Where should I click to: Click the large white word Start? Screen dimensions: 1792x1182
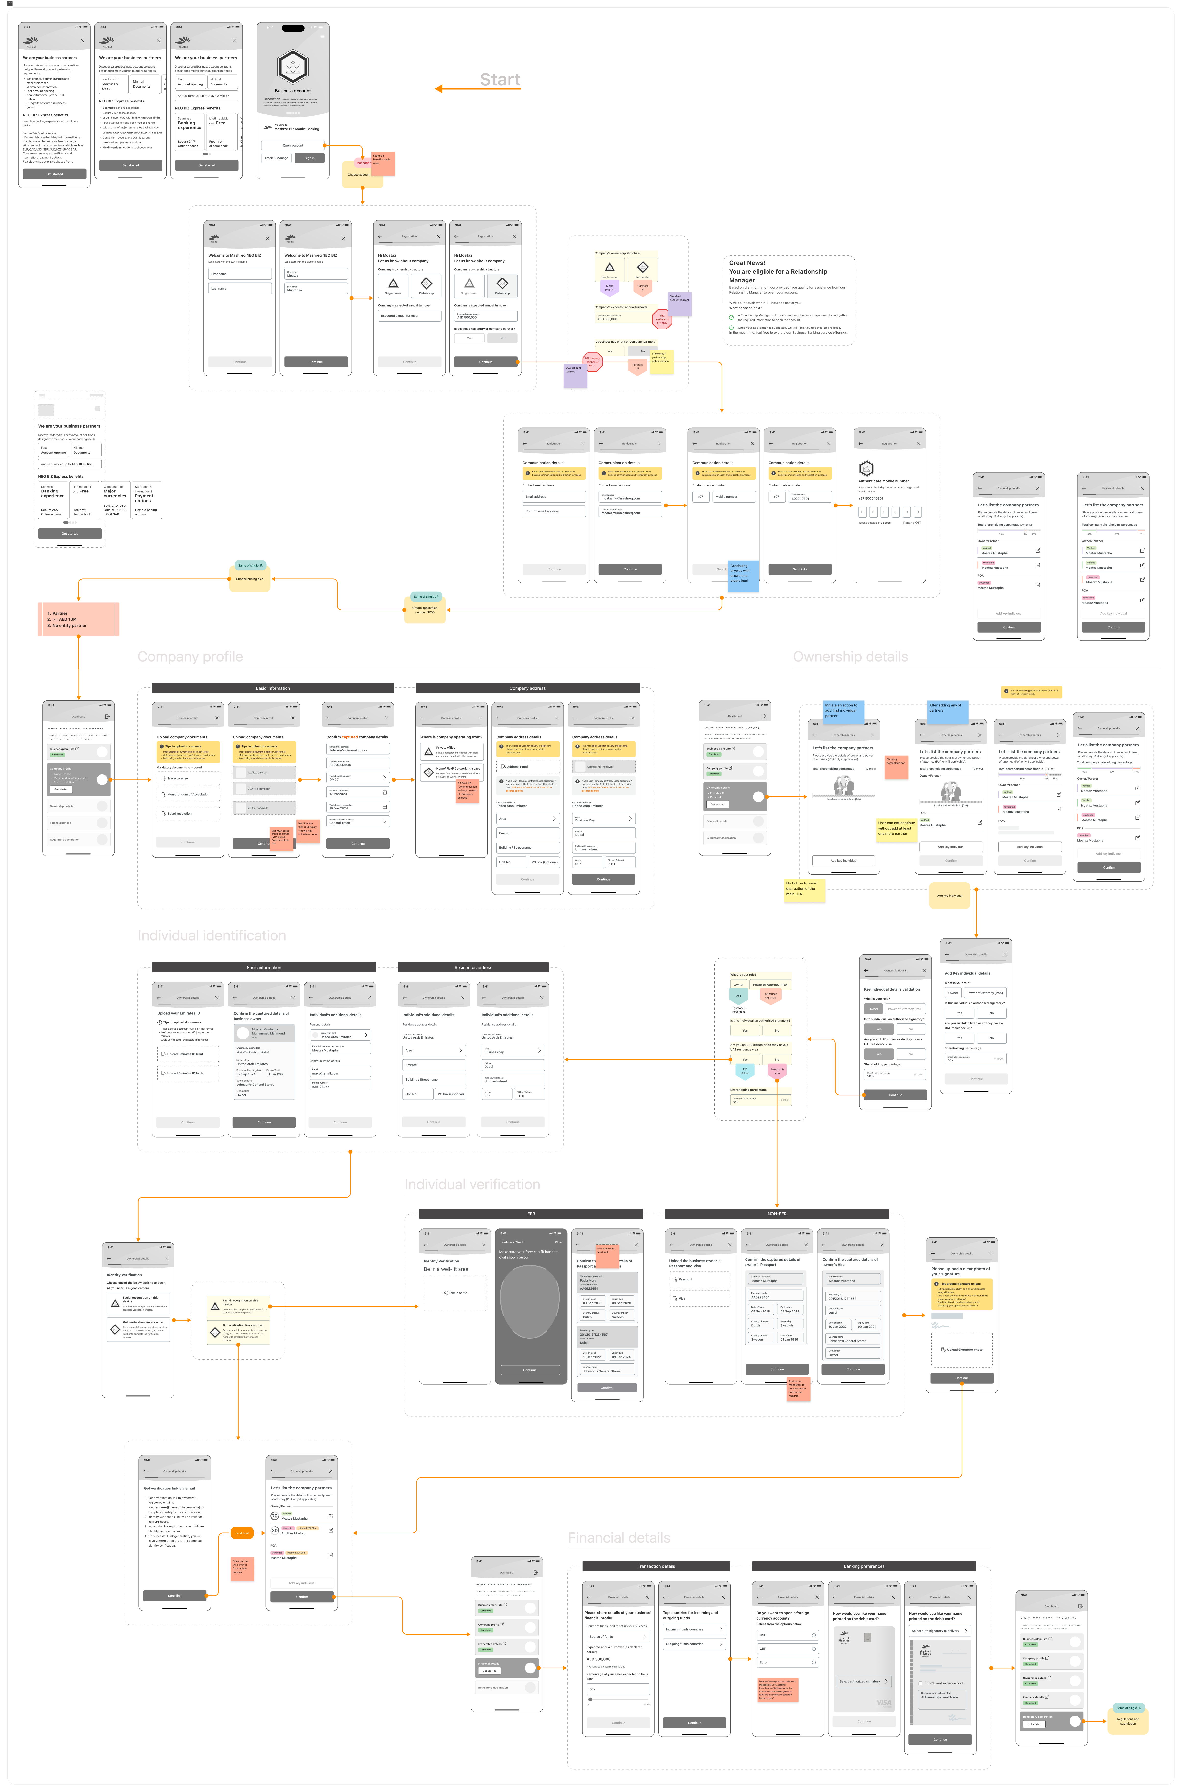(500, 80)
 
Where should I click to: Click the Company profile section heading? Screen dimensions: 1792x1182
(190, 657)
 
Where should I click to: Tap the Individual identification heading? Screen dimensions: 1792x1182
(212, 935)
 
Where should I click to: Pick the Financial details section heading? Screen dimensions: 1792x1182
(619, 1538)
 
